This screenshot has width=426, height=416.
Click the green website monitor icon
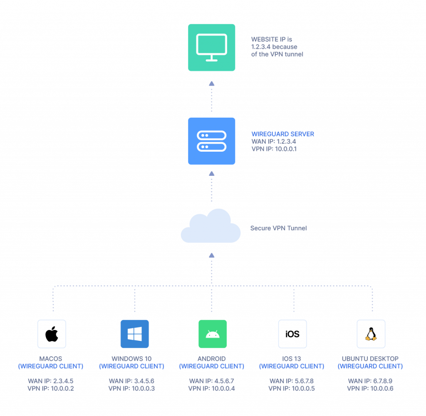[211, 47]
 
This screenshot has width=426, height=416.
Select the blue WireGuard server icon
[211, 141]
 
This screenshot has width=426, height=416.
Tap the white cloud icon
[211, 227]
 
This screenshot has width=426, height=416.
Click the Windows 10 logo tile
[134, 334]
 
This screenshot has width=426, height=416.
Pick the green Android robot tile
[213, 334]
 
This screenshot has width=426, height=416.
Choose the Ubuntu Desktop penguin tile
[371, 334]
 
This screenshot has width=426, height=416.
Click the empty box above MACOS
[52, 334]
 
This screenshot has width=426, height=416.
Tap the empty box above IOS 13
[292, 334]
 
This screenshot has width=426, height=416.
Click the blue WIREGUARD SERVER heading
[282, 134]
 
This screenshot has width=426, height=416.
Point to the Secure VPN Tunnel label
[278, 228]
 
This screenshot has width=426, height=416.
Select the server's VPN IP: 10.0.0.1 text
[274, 149]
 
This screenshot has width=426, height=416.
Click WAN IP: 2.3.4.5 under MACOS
[51, 381]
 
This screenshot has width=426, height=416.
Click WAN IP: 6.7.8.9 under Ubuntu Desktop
[370, 381]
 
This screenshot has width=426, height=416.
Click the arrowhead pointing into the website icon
[211, 84]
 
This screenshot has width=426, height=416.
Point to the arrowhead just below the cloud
[211, 255]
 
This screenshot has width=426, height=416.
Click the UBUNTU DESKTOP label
[370, 359]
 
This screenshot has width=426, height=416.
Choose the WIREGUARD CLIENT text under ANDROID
[211, 367]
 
